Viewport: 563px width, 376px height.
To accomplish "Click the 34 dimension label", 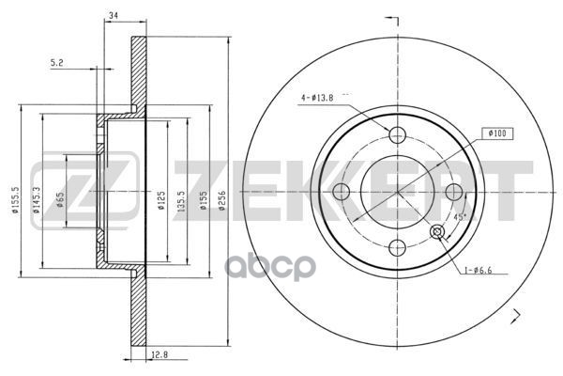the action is coord(114,15).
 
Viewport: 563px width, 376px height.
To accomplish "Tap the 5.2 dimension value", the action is coord(56,63).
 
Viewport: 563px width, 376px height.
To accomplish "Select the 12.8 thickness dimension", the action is coord(160,354).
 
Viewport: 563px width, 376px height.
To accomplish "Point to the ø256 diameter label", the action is coord(222,201).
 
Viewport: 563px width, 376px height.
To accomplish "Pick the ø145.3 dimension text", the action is coord(36,200).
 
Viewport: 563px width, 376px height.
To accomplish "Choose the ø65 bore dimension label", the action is coord(60,199).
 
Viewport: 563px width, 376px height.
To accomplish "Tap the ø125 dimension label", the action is coord(161,201).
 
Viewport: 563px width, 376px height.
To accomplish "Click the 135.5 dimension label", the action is coord(181,201).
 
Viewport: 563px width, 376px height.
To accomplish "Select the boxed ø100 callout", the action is coord(497,133).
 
